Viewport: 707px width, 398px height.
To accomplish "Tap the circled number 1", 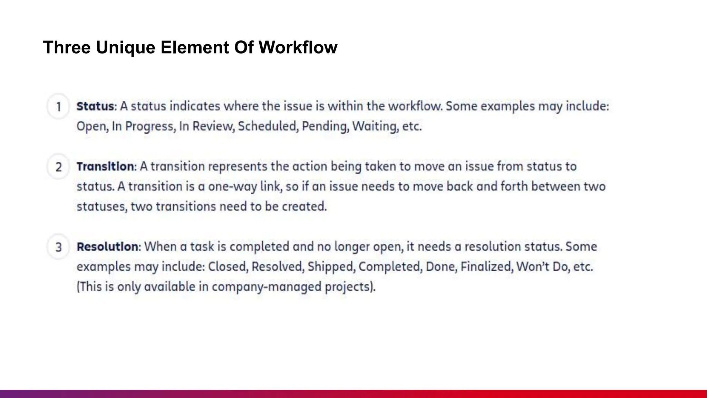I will (x=59, y=106).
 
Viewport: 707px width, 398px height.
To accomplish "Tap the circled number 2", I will (x=59, y=167).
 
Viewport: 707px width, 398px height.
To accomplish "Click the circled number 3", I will (x=59, y=247).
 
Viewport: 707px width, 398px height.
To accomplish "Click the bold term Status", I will (x=95, y=106).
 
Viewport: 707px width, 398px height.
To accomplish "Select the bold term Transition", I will (x=105, y=167).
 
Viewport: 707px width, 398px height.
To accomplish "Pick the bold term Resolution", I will (x=107, y=247).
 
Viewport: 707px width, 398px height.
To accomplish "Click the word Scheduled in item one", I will (x=267, y=126).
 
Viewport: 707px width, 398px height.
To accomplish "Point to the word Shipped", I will (x=330, y=267).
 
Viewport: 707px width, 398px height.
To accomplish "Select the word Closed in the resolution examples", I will (x=228, y=267).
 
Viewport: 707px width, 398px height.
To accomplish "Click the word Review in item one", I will (x=213, y=126).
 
